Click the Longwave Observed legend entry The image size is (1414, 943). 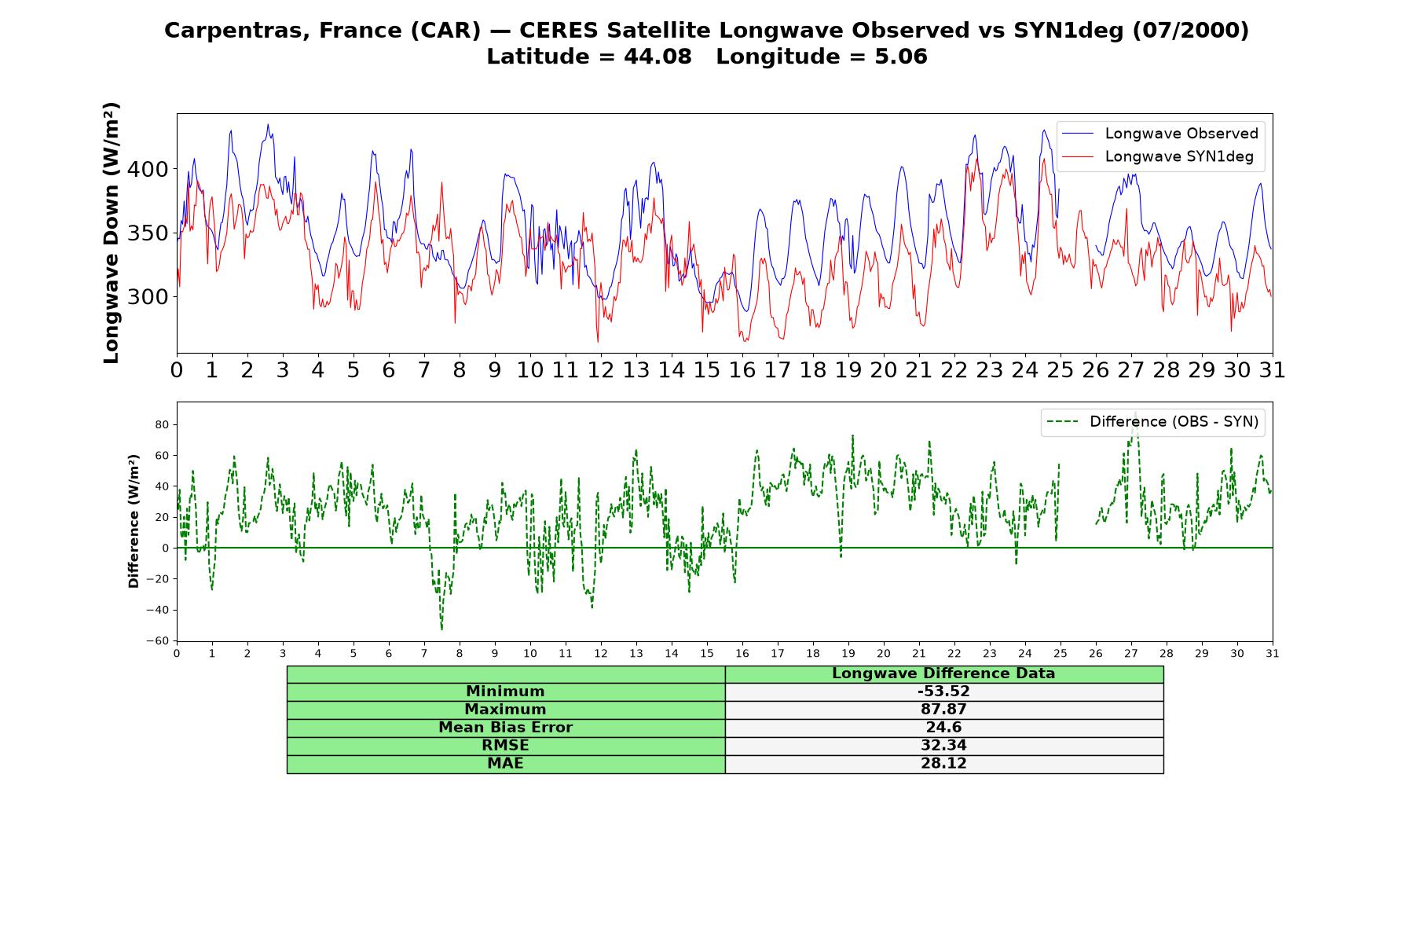1159,134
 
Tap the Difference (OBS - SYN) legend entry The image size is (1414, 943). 1152,422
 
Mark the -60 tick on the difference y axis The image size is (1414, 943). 159,640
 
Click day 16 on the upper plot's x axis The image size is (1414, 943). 742,369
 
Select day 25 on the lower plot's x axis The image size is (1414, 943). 1060,653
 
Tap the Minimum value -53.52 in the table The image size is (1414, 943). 943,692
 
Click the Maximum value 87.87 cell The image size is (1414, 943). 943,710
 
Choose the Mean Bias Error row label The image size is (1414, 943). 505,728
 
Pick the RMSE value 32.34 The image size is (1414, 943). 943,746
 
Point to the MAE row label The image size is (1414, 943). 505,764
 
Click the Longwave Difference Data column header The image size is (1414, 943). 943,673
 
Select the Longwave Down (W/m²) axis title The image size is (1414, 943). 111,233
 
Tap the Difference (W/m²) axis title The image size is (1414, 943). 134,521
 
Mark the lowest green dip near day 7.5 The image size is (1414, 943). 441,629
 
